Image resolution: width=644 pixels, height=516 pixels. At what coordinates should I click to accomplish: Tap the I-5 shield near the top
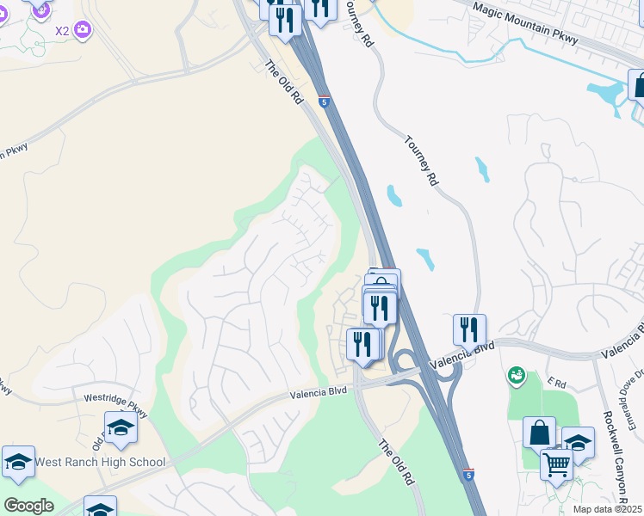click(x=324, y=101)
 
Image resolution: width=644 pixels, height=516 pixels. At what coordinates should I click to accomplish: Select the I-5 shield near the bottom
click(x=468, y=474)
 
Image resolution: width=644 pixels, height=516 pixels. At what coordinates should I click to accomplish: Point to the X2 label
click(x=62, y=31)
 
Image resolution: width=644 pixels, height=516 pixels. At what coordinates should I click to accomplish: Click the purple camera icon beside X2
click(x=83, y=30)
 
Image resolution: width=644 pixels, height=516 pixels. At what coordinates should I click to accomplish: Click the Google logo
click(x=28, y=505)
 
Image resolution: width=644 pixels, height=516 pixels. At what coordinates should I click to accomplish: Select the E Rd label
click(x=558, y=381)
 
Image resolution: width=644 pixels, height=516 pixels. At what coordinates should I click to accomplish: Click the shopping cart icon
click(x=557, y=464)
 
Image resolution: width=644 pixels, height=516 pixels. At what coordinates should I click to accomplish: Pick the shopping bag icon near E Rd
click(x=540, y=431)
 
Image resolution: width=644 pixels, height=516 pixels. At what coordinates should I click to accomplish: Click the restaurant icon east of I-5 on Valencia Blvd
click(x=469, y=329)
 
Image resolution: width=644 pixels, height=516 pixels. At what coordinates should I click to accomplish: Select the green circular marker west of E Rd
click(x=516, y=374)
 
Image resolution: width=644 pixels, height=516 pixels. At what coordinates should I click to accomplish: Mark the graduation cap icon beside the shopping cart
click(x=579, y=442)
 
